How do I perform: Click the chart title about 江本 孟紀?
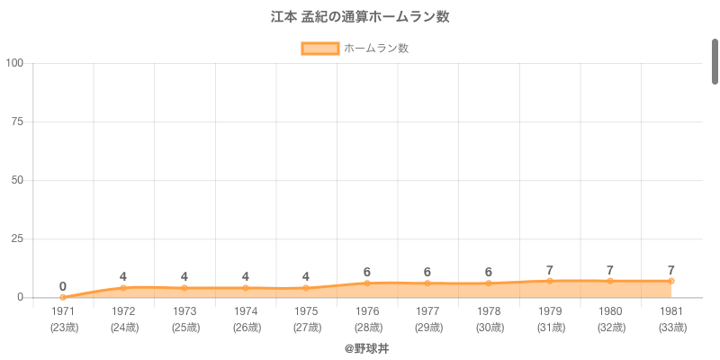[360, 17]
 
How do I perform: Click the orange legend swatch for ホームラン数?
[319, 49]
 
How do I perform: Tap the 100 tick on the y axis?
[14, 63]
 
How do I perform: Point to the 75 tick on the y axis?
[17, 121]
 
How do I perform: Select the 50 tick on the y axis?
[17, 180]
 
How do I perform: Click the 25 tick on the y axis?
[17, 238]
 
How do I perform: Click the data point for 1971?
[63, 297]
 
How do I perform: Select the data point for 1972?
[123, 288]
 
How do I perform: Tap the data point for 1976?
[367, 283]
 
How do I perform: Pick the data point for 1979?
[550, 281]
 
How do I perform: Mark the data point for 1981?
[671, 281]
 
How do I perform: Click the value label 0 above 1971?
[63, 286]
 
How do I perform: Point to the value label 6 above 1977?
[427, 272]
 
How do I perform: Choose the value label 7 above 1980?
[610, 270]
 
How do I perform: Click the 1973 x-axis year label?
[184, 311]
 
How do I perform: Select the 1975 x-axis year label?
[306, 311]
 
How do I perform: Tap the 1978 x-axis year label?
[489, 311]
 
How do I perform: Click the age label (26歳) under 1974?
[246, 327]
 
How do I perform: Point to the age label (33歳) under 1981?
[671, 327]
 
